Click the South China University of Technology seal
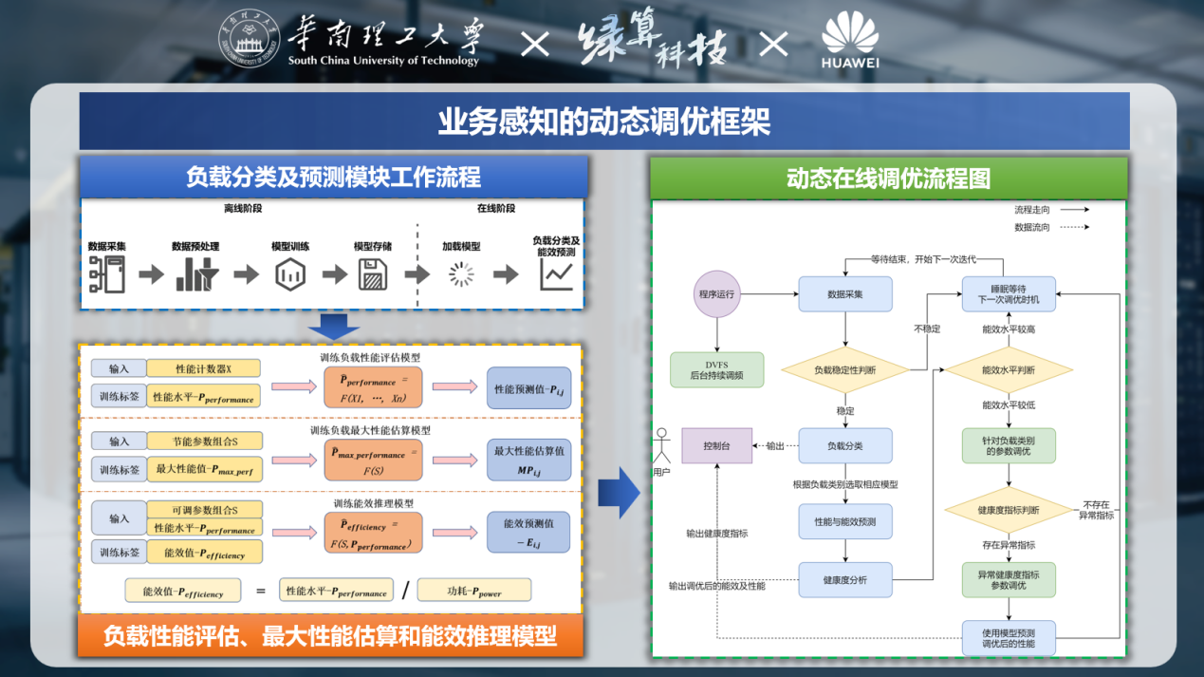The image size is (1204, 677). point(251,40)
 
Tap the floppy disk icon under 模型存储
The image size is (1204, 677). point(373,274)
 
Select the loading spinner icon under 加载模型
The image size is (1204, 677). point(461,274)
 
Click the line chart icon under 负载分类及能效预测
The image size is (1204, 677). point(556,274)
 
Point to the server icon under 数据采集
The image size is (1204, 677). point(107,274)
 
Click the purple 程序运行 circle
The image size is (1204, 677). point(716,294)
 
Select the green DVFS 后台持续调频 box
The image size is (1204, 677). point(716,370)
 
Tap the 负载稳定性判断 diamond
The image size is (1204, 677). point(845,370)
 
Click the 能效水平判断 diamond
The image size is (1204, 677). point(1009,370)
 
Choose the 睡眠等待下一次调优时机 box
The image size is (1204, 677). point(1009,293)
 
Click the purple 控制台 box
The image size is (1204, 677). point(716,445)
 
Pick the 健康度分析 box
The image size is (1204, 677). point(845,579)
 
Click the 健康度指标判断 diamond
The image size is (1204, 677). point(1009,511)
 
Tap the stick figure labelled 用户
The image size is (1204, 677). point(661,448)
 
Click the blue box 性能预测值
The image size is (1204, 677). point(528,388)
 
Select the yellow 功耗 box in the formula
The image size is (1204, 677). point(474,590)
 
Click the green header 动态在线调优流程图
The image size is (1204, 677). point(888,179)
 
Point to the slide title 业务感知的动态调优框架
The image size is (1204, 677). point(603,122)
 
